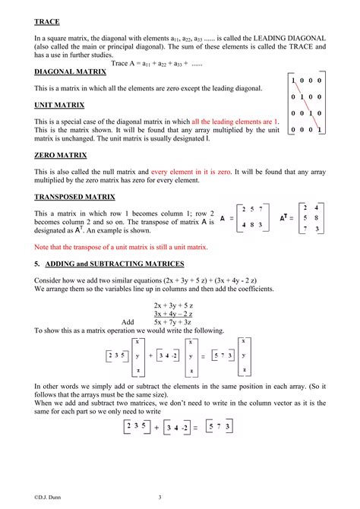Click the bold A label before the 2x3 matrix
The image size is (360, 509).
click(x=223, y=218)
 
